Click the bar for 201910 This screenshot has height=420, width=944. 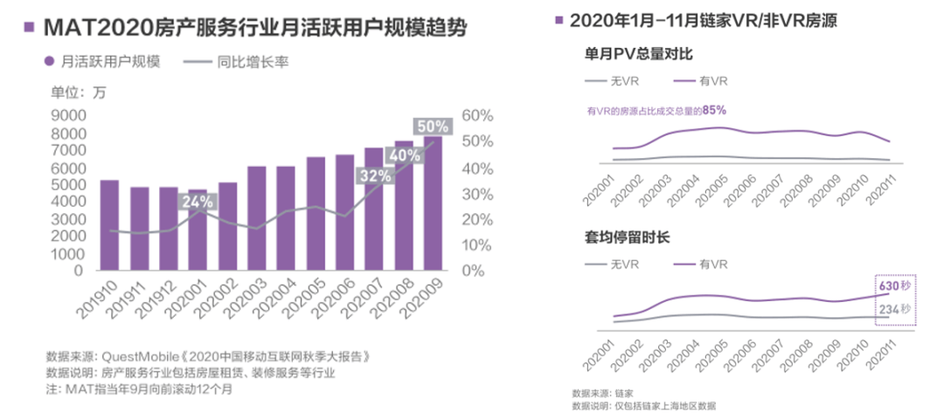pos(109,225)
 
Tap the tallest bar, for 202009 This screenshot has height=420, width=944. pos(433,203)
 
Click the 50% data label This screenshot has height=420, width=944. pos(433,127)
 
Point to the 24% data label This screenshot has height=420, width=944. pos(197,203)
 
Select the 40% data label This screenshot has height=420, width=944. pos(405,155)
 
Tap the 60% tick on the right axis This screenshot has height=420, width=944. pos(477,115)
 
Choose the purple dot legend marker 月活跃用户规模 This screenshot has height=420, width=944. pos(51,62)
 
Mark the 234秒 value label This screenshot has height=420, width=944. pos(895,309)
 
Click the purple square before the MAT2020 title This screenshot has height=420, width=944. pos(29,27)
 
